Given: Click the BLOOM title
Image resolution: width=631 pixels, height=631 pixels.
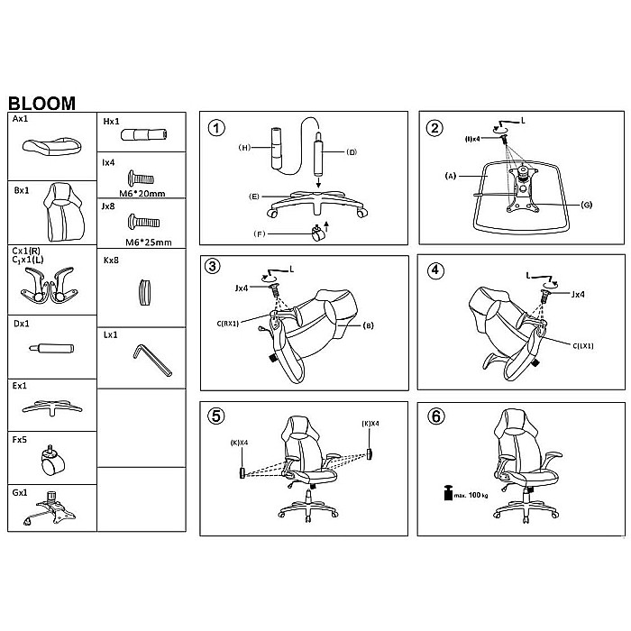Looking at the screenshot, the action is click(x=41, y=103).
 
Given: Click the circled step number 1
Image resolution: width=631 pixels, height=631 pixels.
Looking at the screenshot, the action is click(x=216, y=128).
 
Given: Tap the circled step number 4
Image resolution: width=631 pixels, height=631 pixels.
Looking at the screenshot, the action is click(x=435, y=270).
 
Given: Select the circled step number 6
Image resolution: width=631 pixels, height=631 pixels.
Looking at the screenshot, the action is click(x=436, y=416).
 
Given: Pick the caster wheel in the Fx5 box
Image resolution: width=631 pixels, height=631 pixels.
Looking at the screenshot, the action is click(x=52, y=461).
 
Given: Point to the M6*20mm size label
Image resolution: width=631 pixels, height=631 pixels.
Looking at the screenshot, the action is click(x=142, y=194).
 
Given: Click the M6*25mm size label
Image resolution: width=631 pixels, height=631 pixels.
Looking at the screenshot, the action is click(x=149, y=242).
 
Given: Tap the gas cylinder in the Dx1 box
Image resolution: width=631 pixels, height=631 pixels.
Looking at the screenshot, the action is click(x=51, y=348).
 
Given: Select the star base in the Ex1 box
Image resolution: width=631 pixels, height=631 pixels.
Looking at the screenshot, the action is click(x=52, y=407).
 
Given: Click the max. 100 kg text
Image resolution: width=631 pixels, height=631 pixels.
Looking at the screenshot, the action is click(x=471, y=495).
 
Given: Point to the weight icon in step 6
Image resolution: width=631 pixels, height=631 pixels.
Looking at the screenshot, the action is click(x=448, y=493).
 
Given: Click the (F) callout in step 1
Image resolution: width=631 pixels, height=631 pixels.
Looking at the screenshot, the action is click(x=260, y=233).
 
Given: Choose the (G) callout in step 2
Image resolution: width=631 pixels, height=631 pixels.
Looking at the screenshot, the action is click(x=587, y=205).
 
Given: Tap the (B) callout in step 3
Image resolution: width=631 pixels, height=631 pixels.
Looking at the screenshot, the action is click(x=368, y=325).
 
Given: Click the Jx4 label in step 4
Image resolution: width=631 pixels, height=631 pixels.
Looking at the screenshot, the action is click(x=578, y=294).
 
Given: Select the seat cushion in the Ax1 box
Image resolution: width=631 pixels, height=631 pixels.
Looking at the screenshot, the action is click(x=52, y=146).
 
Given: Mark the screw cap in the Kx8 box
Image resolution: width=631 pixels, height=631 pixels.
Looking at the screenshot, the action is click(x=145, y=292).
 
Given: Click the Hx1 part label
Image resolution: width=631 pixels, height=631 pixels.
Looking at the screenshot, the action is click(x=111, y=122).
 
